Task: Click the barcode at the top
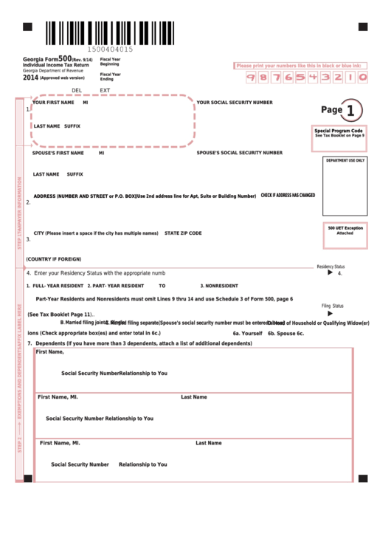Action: point(111,32)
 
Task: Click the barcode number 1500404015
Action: point(111,49)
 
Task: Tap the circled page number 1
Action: point(350,110)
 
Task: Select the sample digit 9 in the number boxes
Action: point(251,77)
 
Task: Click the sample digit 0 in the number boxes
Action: point(362,77)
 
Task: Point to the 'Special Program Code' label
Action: point(339,131)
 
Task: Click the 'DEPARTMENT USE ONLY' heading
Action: point(345,160)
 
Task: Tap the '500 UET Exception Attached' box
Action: point(345,230)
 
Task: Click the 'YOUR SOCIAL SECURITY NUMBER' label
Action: point(235,103)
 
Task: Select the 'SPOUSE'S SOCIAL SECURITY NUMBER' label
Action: point(239,153)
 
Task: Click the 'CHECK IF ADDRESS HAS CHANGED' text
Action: point(288,196)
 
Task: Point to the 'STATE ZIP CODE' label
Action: point(183,233)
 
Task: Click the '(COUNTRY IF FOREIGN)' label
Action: point(53,259)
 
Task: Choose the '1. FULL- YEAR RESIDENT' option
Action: point(55,286)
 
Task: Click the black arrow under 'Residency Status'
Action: point(330,272)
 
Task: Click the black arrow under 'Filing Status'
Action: point(330,313)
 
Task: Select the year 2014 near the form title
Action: point(30,77)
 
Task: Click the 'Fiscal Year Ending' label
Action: point(111,76)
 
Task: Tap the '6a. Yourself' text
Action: point(247,333)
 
